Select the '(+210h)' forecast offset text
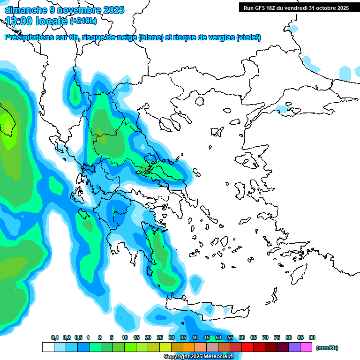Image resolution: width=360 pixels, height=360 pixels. [x=83, y=21]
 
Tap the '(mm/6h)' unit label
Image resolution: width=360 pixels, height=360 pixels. [x=327, y=348]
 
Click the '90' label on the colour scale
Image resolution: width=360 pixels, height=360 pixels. [x=312, y=337]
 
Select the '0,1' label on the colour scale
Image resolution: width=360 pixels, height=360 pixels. [x=54, y=337]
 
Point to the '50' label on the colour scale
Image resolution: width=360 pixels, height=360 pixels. [x=218, y=337]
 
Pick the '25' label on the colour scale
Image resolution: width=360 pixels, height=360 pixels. [x=160, y=337]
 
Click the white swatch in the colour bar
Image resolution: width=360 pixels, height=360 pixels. [x=48, y=347]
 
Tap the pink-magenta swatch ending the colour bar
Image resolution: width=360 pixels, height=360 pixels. [x=306, y=347]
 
